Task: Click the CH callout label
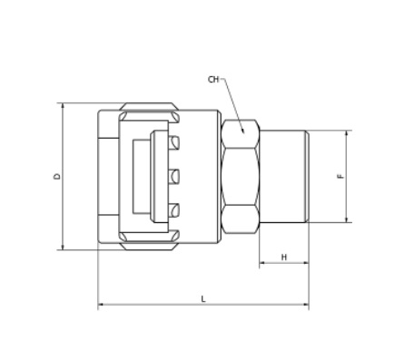tap(213, 80)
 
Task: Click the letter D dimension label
tap(57, 176)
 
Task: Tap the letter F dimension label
tap(340, 176)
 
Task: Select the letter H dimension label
tap(284, 258)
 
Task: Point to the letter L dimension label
tap(203, 299)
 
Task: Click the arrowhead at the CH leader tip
tap(242, 131)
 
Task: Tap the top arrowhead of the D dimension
tap(63, 106)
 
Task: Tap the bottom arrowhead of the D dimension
tap(63, 247)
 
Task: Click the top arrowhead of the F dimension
tap(346, 133)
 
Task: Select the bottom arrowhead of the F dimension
tap(346, 219)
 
